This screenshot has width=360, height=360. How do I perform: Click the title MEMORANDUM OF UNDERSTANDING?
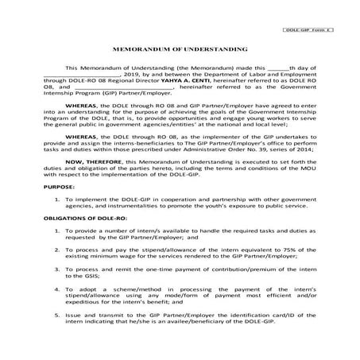(180, 48)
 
